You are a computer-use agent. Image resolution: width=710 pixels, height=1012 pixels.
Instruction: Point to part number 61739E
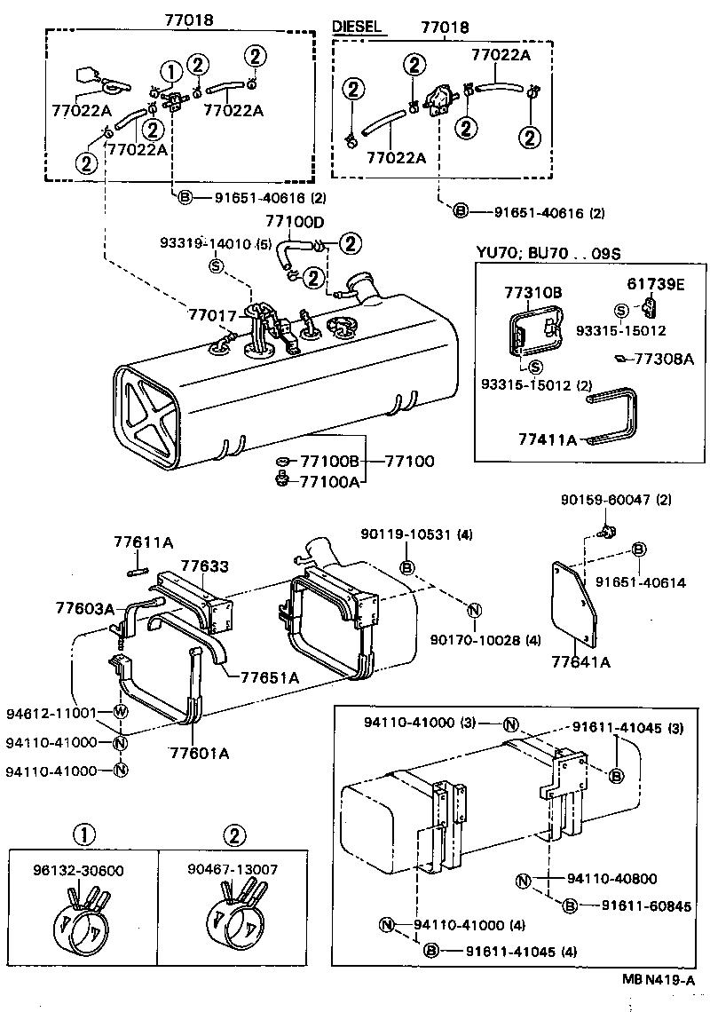[658, 284]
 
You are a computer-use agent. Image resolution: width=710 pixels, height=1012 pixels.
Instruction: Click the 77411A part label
[548, 439]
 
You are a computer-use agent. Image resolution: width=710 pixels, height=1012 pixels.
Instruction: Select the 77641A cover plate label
[580, 661]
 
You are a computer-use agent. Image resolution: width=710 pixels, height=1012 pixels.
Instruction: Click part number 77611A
[143, 542]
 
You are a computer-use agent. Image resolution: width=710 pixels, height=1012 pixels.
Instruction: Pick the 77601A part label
[200, 754]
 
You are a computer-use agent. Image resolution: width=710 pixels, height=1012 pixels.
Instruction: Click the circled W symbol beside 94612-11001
[120, 712]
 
